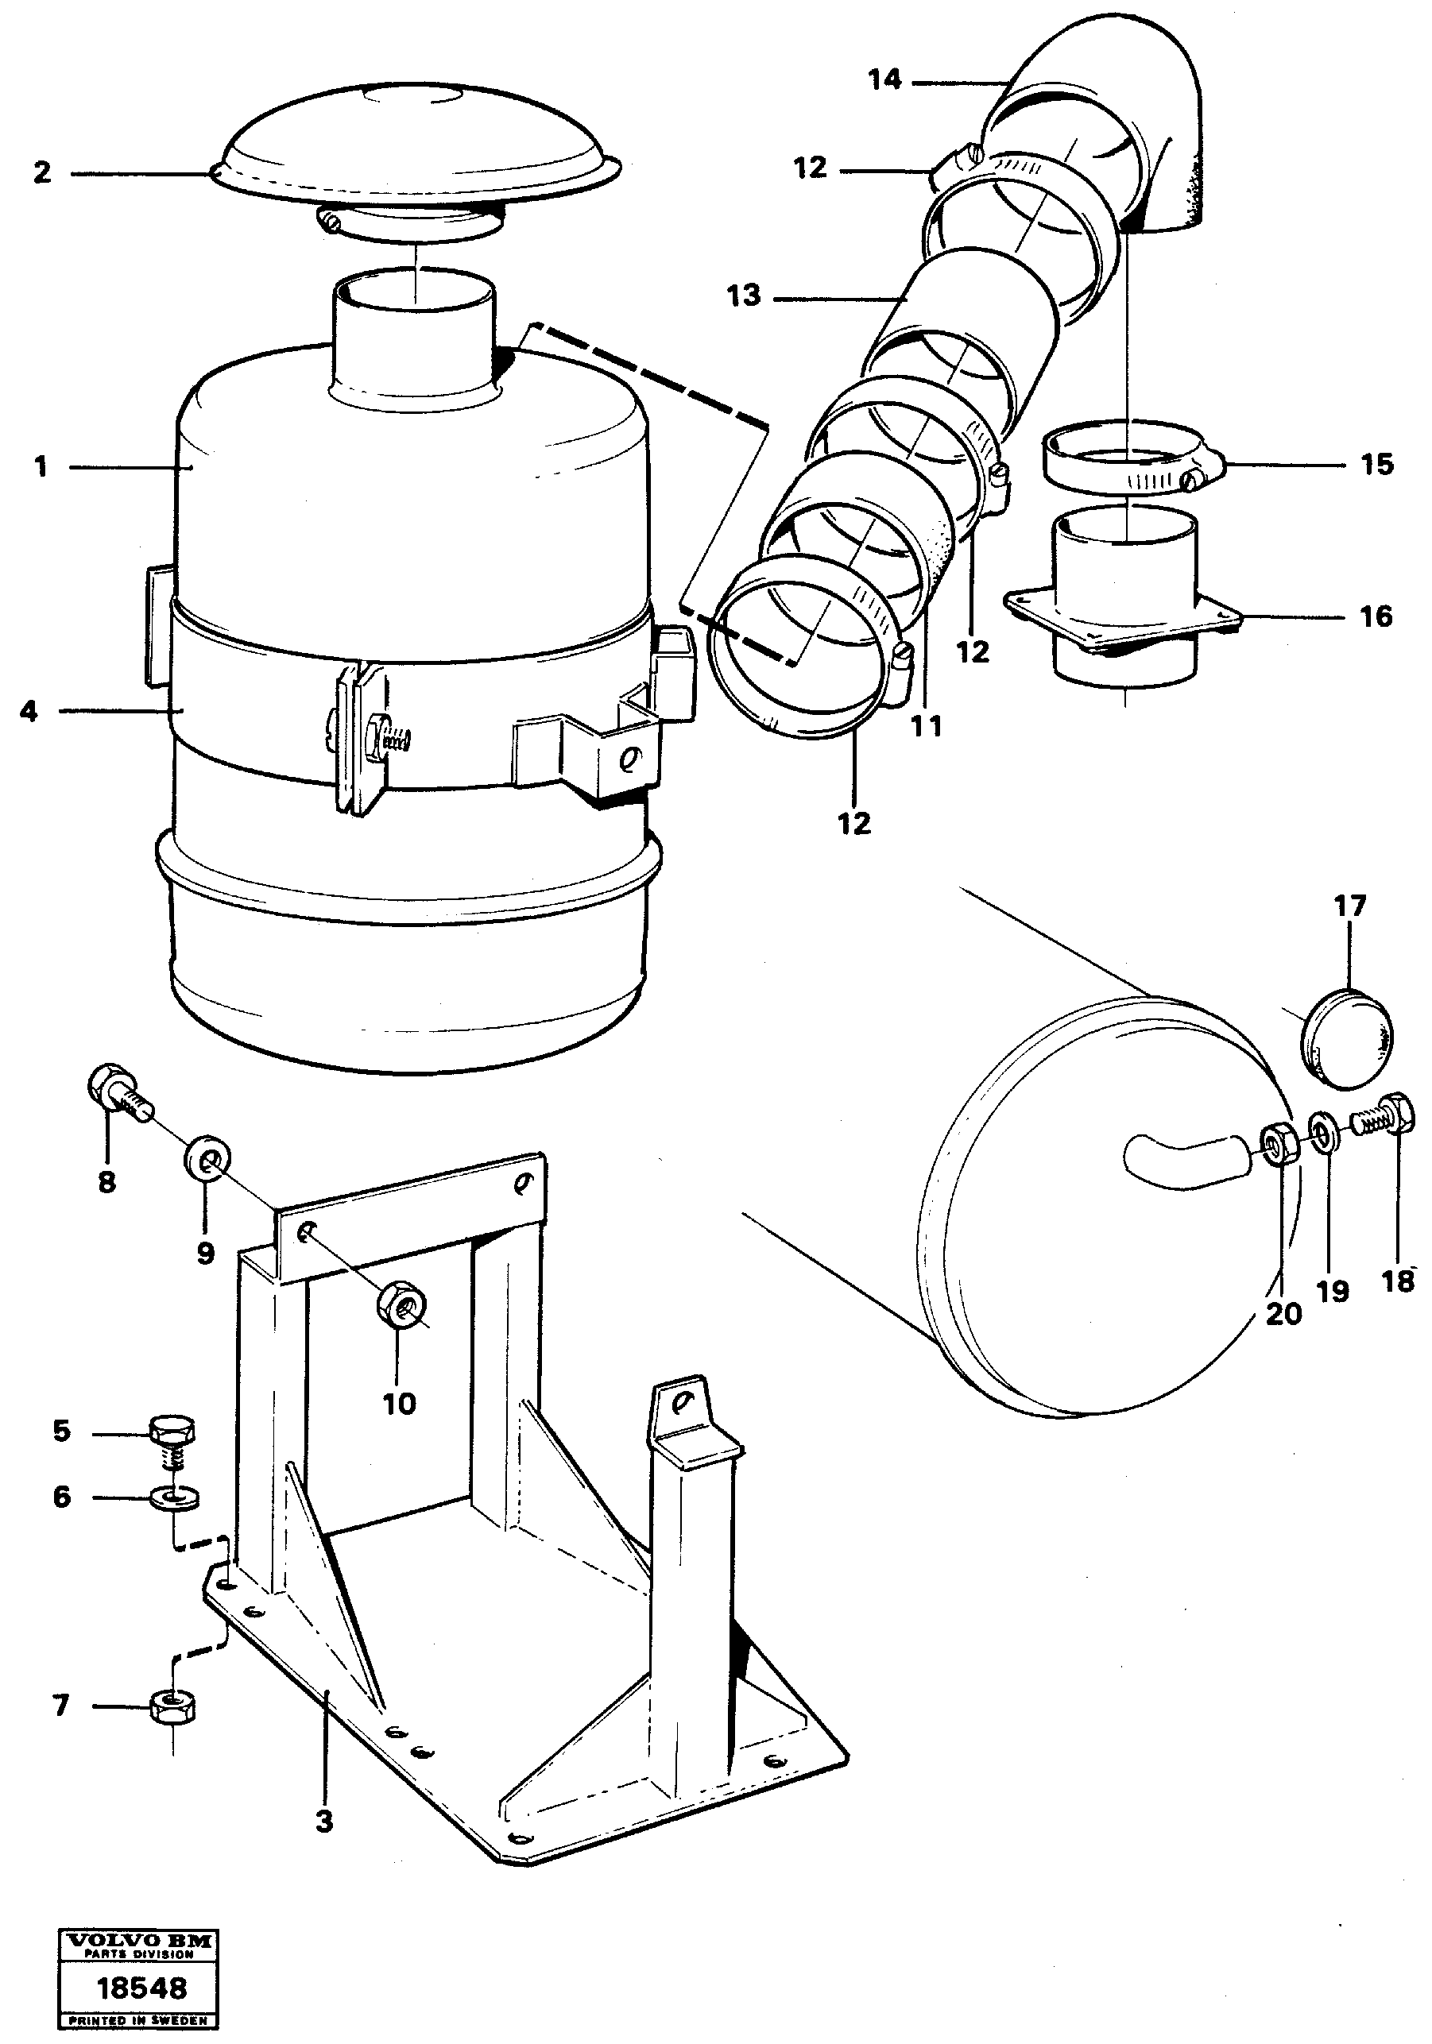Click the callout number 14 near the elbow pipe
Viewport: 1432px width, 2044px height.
click(x=884, y=80)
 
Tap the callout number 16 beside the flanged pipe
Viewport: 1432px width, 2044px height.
click(x=1376, y=616)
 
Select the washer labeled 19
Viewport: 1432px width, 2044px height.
click(x=1322, y=1131)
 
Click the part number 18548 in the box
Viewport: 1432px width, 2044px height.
click(x=141, y=1988)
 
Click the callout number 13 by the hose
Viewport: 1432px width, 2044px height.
click(x=744, y=296)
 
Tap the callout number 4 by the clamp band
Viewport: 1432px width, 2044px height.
click(x=29, y=711)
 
